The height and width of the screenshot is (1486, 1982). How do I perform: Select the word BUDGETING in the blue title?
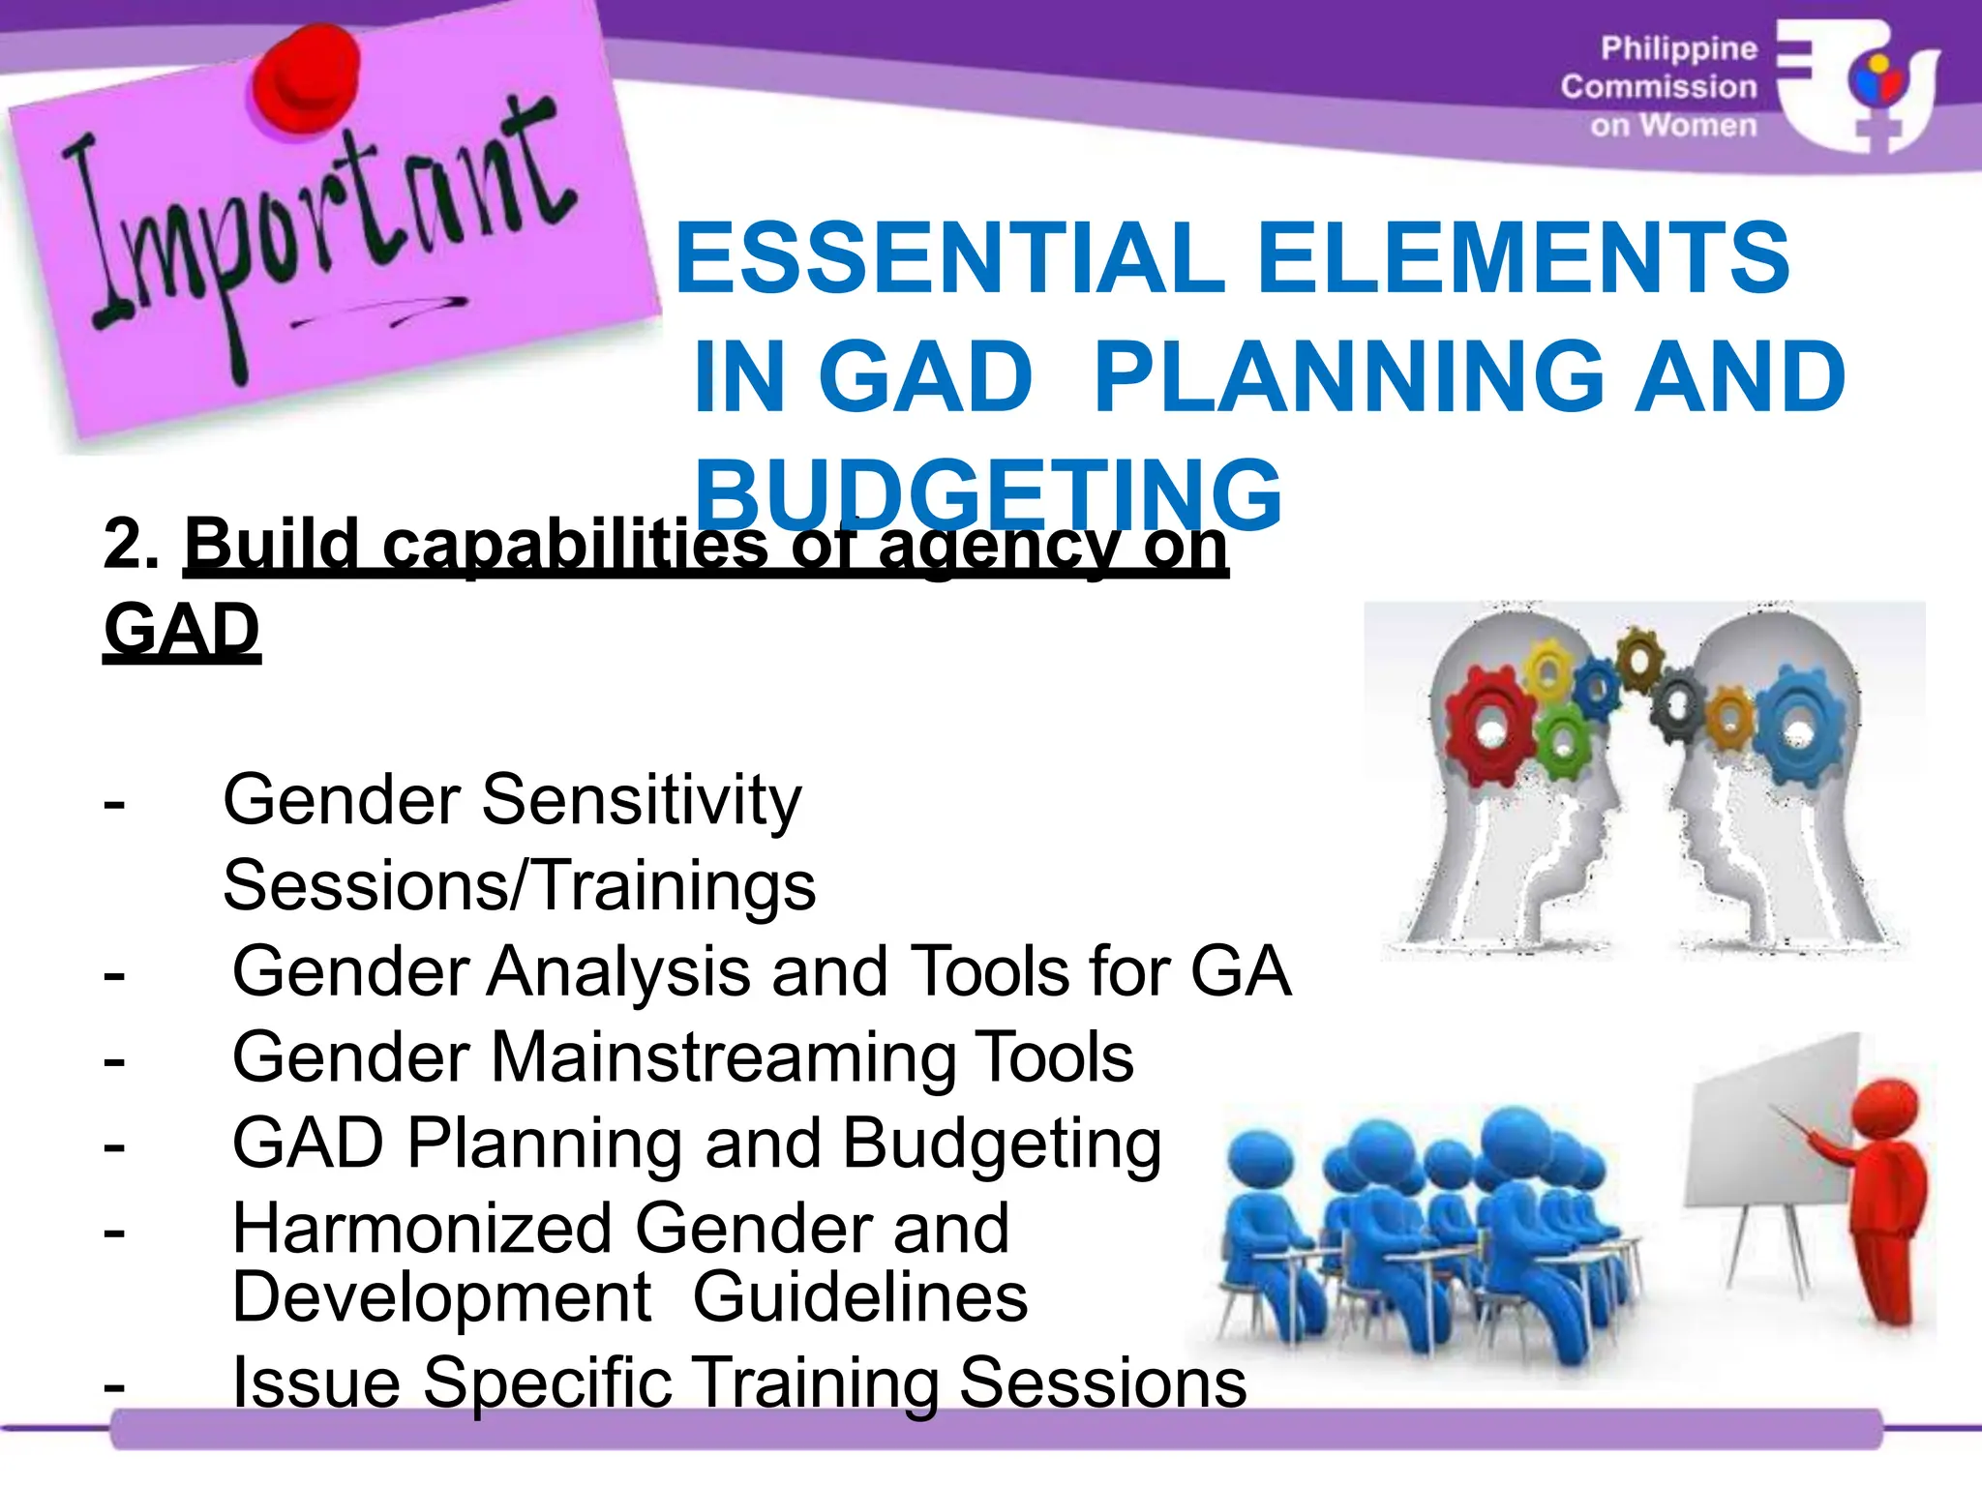(x=989, y=494)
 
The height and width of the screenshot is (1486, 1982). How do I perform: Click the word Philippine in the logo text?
(x=1678, y=48)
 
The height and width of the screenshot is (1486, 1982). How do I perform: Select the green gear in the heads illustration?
(x=1561, y=742)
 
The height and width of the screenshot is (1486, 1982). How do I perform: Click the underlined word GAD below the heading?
(x=182, y=630)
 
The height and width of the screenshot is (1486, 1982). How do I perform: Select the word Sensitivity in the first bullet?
(x=642, y=801)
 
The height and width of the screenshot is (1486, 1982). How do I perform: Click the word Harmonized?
(x=423, y=1229)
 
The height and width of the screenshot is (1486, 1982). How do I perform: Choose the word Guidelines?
(x=859, y=1298)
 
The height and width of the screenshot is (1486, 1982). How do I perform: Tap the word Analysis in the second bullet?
(x=617, y=972)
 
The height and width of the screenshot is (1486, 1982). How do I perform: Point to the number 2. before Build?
(x=131, y=544)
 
